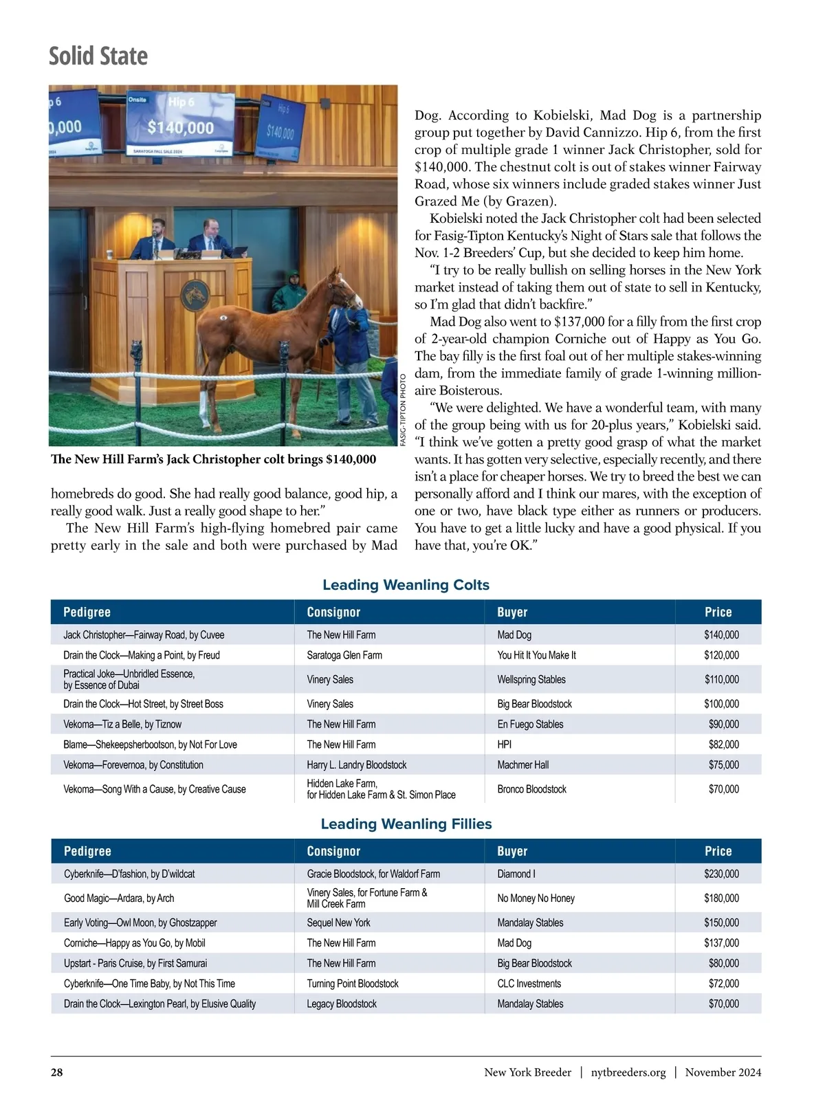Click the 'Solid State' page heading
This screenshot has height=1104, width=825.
point(98,56)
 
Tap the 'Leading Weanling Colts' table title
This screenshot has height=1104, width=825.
point(406,585)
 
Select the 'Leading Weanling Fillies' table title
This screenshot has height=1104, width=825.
point(406,824)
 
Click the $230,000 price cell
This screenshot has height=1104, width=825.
point(721,874)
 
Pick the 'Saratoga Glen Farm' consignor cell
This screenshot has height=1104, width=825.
point(344,655)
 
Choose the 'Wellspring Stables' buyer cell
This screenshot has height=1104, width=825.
point(531,679)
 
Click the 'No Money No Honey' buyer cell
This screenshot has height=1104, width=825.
point(536,898)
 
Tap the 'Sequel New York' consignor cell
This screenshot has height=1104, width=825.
point(338,923)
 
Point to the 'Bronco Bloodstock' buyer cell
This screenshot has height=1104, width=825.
point(531,789)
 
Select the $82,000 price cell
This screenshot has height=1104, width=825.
point(723,744)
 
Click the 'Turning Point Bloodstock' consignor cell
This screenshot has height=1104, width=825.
point(353,984)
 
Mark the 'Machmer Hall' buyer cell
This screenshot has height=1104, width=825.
point(522,764)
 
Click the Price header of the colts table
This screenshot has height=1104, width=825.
point(718,612)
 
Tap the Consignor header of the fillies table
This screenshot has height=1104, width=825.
point(333,851)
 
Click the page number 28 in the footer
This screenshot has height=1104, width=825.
point(56,1072)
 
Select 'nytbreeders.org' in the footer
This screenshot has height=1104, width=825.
point(628,1072)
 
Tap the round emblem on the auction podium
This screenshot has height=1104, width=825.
point(195,294)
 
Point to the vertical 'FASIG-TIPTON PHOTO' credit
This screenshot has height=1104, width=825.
point(404,407)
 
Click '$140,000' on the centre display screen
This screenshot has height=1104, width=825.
point(180,127)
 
